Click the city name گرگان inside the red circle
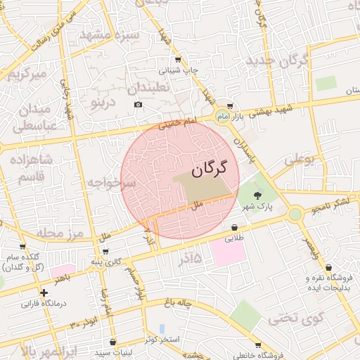(x=210, y=168)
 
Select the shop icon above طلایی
(x=234, y=227)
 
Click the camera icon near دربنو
(x=138, y=105)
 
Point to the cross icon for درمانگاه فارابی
(x=44, y=292)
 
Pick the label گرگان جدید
(x=278, y=60)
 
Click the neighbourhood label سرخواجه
(x=111, y=184)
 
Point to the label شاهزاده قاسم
(x=30, y=168)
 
